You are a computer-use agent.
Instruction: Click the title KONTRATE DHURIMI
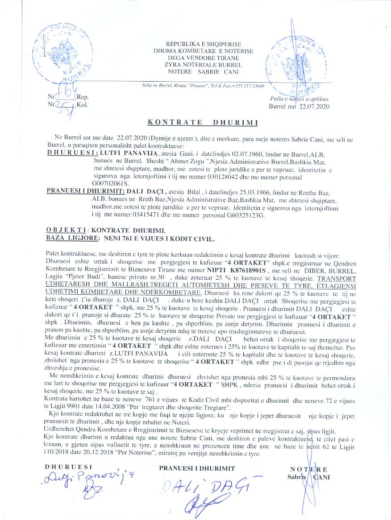click(x=203, y=122)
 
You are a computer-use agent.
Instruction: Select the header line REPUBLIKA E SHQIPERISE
click(x=204, y=45)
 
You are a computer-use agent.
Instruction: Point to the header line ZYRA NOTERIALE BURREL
click(x=203, y=65)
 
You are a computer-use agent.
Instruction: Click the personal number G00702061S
click(x=110, y=183)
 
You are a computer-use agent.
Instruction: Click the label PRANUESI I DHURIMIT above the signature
click(x=197, y=468)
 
